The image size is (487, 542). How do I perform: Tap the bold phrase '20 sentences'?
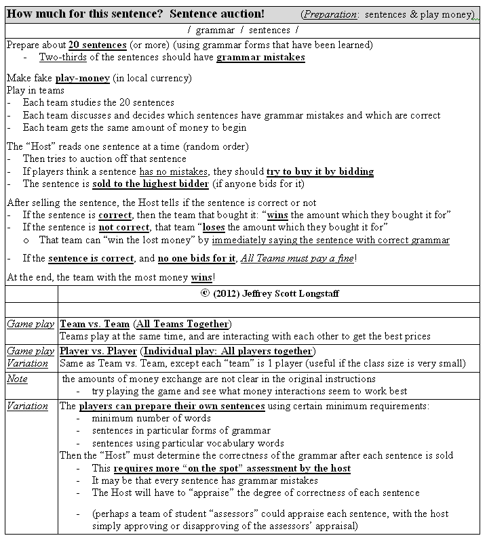tap(97, 45)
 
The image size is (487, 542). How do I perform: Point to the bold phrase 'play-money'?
tap(82, 79)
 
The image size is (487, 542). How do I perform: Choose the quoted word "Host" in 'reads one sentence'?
tap(41, 147)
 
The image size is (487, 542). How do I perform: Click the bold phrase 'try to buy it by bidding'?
tap(319, 171)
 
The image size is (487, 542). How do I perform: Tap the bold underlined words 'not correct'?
tap(115, 228)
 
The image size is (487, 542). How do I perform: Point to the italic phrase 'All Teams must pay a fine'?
tap(297, 258)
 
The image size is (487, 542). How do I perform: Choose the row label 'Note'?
tap(17, 379)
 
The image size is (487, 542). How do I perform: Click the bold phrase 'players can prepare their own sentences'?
tap(172, 406)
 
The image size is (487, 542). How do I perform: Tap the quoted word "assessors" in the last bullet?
tap(242, 513)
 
